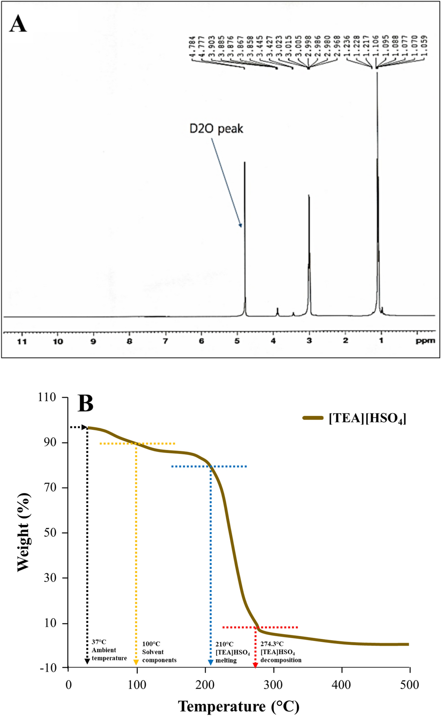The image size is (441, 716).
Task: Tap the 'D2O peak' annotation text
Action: pos(216,129)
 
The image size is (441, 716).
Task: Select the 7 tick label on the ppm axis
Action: pos(165,341)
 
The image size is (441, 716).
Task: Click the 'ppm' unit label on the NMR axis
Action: pos(425,341)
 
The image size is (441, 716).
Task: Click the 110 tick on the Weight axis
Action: pos(47,397)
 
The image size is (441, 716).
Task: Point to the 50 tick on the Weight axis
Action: pos(50,533)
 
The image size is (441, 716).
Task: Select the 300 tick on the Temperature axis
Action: pos(273,685)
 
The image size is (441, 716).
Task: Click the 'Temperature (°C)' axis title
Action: pos(238,706)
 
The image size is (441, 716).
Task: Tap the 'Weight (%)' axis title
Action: pos(23,532)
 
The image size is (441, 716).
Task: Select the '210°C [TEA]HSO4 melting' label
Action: pos(232,652)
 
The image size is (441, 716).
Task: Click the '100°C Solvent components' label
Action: pos(159,652)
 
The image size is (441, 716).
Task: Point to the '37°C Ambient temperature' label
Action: pos(109,650)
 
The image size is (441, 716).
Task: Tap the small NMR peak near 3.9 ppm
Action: pos(277,311)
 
